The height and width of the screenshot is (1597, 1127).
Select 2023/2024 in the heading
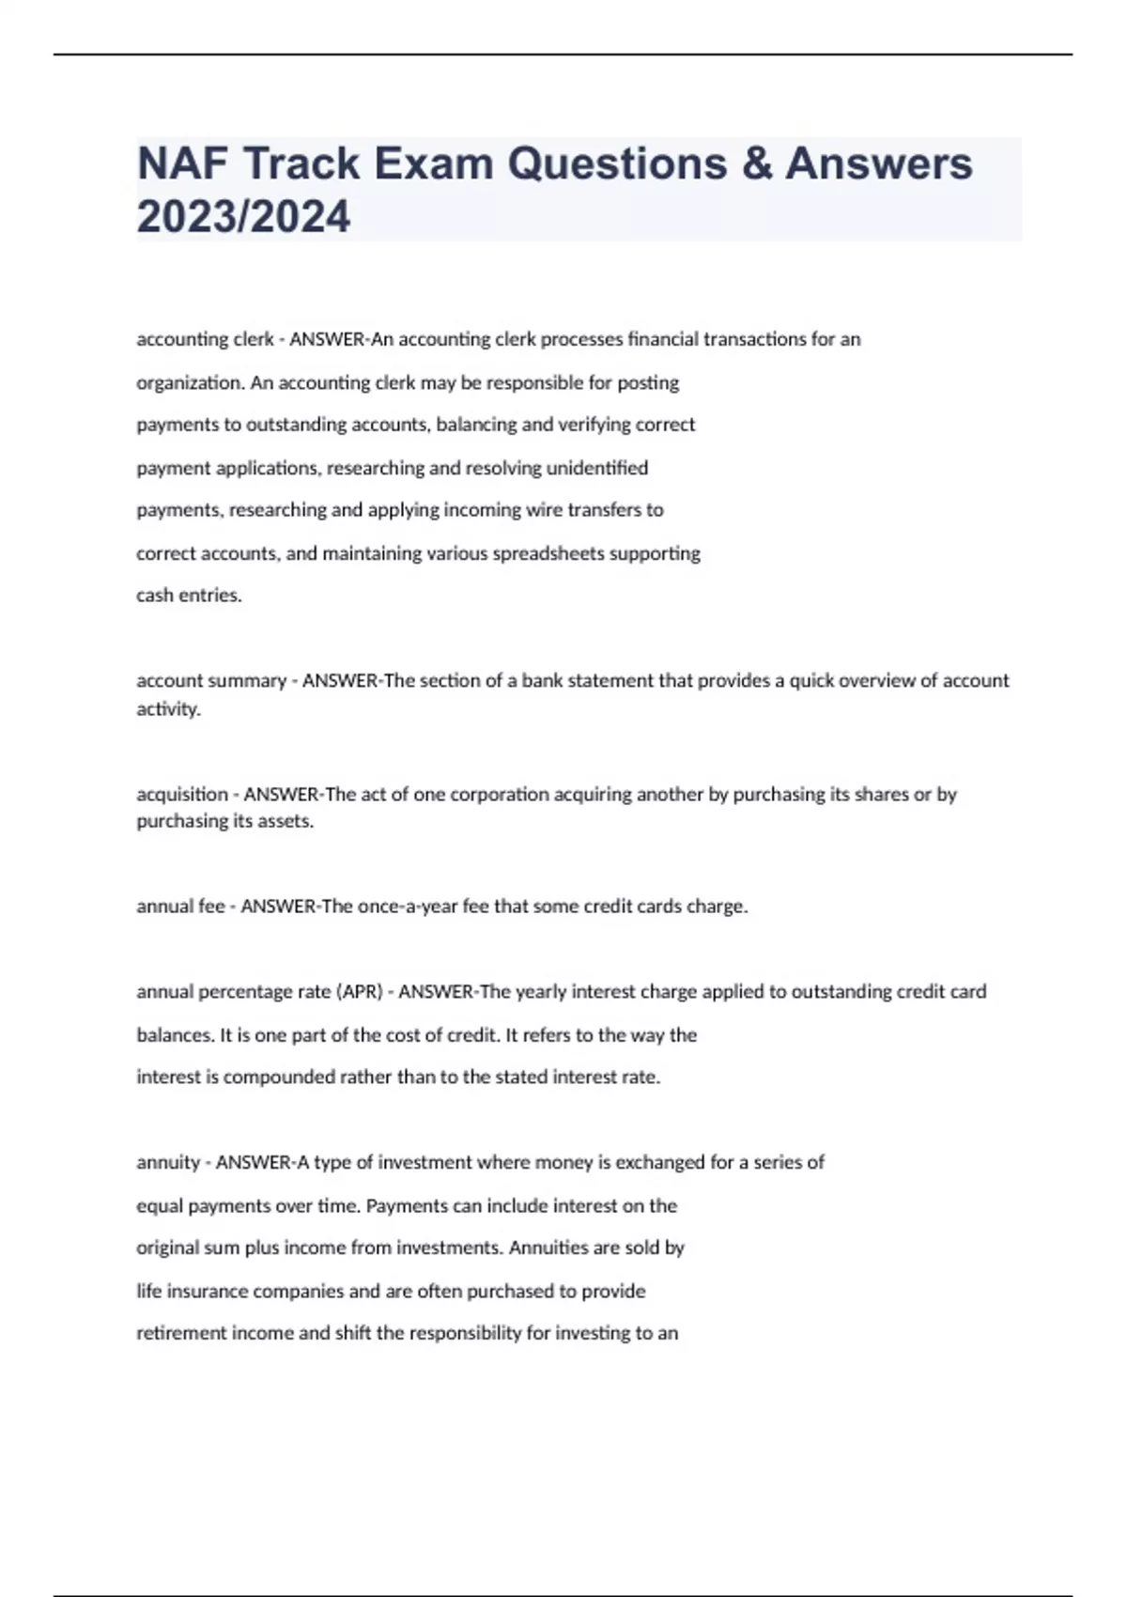(243, 217)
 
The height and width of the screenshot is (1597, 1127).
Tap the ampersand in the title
(755, 163)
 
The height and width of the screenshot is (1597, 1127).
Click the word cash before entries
(154, 596)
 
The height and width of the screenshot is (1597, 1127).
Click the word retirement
(182, 1333)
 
